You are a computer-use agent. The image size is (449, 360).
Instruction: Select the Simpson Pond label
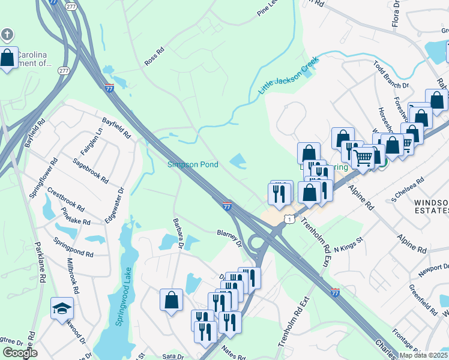point(192,164)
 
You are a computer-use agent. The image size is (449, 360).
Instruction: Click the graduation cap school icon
point(62,308)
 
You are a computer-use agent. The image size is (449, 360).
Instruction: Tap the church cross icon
point(7,34)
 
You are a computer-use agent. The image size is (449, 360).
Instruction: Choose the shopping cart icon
point(363,158)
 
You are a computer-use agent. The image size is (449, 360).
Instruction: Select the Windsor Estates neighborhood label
point(432,206)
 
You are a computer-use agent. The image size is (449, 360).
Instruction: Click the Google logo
point(20,352)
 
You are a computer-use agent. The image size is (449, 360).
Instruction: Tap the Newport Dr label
point(434,269)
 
